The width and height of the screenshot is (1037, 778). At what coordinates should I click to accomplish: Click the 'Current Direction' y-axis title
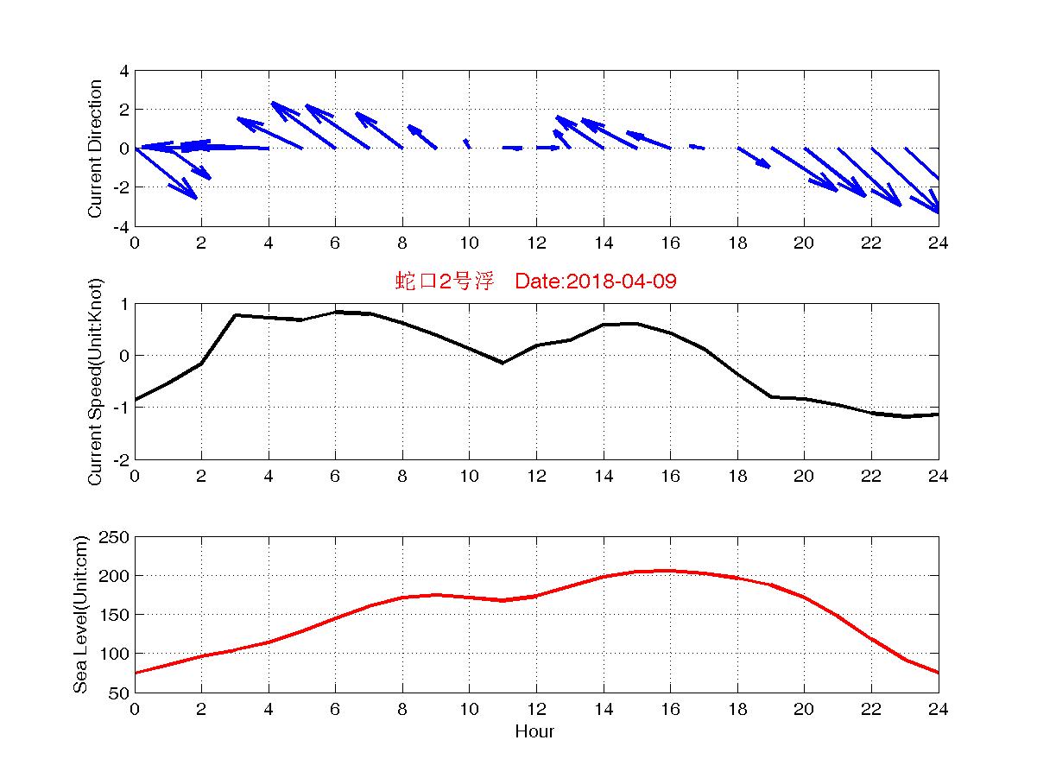[x=95, y=149]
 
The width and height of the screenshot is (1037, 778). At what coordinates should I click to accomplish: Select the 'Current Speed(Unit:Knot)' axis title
[x=95, y=381]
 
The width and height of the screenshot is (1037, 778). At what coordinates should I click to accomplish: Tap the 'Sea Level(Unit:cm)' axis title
[x=80, y=614]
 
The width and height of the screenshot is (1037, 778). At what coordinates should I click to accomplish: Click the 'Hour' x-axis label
[x=534, y=731]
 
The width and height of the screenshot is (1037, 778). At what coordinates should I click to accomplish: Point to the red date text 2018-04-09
[x=622, y=281]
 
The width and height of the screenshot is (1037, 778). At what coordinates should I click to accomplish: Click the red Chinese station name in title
[x=445, y=281]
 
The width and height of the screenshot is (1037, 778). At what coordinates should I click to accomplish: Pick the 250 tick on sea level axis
[x=113, y=537]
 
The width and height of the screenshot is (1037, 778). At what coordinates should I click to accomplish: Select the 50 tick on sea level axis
[x=118, y=693]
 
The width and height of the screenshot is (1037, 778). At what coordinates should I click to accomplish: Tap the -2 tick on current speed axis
[x=121, y=459]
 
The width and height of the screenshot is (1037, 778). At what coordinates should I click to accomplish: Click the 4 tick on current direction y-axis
[x=123, y=71]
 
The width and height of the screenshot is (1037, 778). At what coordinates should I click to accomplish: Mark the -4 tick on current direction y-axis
[x=121, y=227]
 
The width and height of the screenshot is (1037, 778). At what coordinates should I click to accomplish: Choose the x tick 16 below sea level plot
[x=670, y=709]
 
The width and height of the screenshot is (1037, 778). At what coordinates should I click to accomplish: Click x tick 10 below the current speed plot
[x=469, y=476]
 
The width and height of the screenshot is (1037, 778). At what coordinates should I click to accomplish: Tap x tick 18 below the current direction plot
[x=737, y=243]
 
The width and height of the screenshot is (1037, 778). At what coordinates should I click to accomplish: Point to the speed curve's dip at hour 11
[x=503, y=363]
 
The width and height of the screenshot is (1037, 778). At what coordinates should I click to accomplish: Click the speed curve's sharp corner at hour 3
[x=235, y=315]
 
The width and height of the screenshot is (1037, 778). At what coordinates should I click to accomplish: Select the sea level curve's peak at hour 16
[x=670, y=571]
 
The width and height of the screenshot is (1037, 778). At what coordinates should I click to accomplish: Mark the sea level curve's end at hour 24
[x=939, y=673]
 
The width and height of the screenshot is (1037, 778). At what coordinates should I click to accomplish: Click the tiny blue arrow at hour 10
[x=467, y=143]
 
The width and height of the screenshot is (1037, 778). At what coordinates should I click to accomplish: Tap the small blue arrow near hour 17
[x=697, y=147]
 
